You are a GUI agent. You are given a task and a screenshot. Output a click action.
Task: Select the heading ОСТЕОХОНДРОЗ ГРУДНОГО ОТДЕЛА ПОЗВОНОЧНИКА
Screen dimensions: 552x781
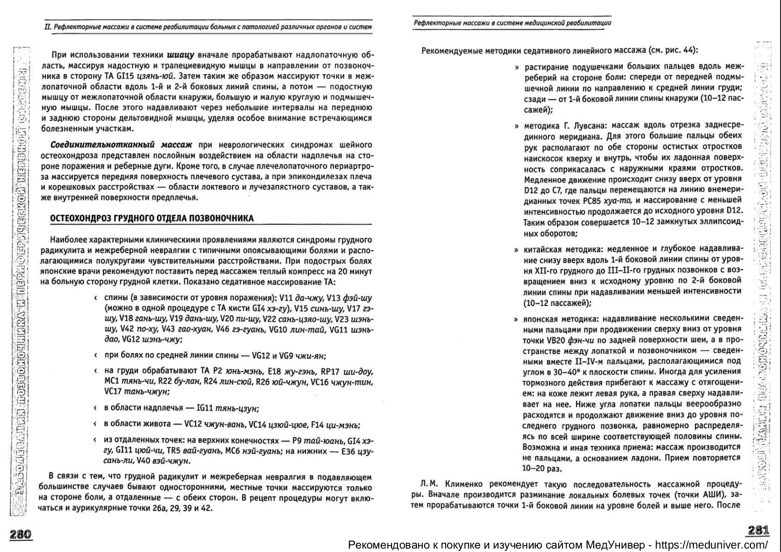coord(152,218)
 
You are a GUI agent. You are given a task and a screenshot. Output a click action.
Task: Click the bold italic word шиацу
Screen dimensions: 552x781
coord(181,54)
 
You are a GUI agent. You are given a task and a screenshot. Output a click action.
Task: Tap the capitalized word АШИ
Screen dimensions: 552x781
coord(708,494)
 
